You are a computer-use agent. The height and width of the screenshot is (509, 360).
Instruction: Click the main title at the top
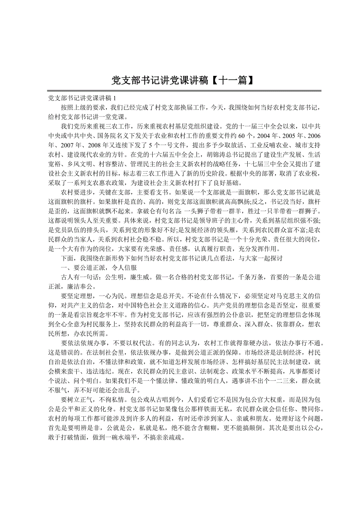(x=180, y=81)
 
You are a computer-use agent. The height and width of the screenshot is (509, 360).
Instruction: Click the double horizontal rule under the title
(x=184, y=91)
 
